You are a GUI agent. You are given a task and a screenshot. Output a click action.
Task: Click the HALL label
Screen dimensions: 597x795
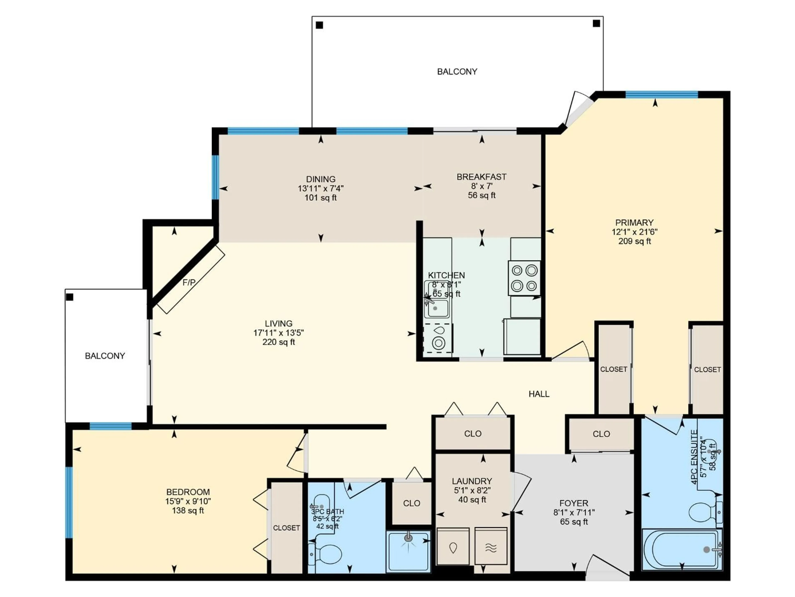[539, 394]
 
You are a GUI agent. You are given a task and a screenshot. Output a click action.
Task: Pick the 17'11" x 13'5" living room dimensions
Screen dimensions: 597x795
[278, 333]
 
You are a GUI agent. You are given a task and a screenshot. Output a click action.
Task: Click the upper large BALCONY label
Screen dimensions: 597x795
[457, 72]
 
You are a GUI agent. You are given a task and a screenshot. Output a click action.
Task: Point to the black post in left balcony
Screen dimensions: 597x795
[70, 297]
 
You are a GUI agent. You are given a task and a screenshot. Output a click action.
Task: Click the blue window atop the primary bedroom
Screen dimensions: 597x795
[662, 95]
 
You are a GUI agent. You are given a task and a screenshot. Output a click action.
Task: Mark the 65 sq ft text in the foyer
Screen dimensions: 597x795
[574, 522]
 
